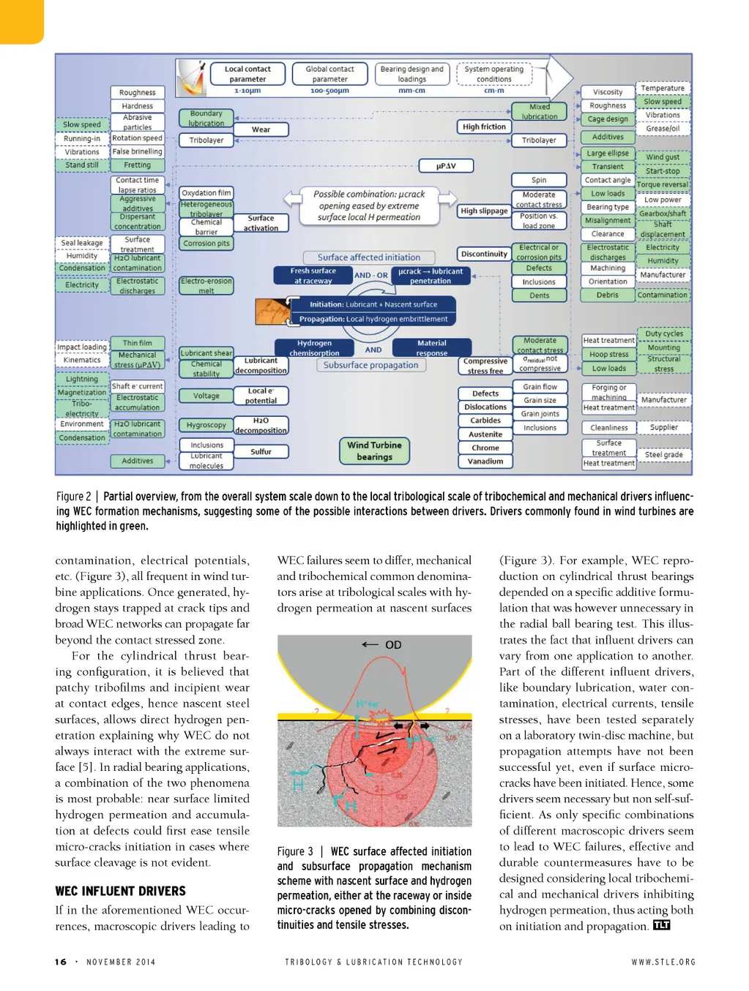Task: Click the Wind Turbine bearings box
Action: [374, 451]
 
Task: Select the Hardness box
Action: [137, 106]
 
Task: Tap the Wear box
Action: [261, 129]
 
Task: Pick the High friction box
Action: [484, 127]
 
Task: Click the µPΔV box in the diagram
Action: [446, 166]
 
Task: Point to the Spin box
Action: [539, 180]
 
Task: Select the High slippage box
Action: [484, 211]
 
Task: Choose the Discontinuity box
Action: [484, 254]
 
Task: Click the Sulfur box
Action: [261, 452]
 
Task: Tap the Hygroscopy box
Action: [206, 425]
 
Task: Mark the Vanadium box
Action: [485, 461]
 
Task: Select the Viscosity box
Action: [608, 92]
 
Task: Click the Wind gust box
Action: [663, 157]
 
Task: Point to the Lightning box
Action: [82, 379]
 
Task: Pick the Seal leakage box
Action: [82, 243]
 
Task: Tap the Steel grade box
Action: [663, 455]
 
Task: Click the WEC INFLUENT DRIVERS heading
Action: [121, 891]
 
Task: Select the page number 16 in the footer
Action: [61, 962]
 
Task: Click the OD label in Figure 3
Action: [393, 645]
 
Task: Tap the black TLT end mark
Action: [661, 925]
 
